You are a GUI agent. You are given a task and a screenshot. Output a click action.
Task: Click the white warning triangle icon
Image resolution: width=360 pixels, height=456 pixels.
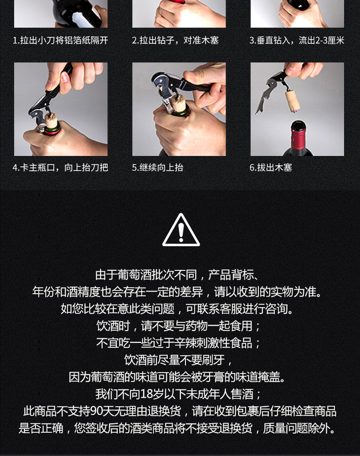tap(180, 230)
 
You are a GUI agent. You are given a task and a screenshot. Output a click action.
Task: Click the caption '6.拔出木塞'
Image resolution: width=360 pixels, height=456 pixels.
tap(271, 167)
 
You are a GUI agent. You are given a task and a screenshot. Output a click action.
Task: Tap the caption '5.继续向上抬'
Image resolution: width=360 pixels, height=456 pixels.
tap(157, 167)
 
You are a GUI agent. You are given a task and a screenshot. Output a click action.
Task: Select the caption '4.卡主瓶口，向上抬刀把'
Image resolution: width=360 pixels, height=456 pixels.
tap(61, 167)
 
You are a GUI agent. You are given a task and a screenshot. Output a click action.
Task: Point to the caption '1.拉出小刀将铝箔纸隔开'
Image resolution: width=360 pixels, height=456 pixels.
tap(61, 40)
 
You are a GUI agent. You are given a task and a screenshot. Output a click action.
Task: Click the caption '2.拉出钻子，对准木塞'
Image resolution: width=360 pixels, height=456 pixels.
tap(175, 40)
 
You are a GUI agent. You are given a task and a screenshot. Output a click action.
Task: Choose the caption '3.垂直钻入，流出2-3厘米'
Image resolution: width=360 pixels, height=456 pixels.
tap(297, 40)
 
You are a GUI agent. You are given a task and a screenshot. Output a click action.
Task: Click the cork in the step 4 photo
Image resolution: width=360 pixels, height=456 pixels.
tap(51, 120)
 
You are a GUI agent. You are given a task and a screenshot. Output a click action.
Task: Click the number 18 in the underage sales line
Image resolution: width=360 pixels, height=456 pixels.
tap(146, 394)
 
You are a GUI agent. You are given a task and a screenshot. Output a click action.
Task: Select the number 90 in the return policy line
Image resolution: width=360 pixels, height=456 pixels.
tap(96, 411)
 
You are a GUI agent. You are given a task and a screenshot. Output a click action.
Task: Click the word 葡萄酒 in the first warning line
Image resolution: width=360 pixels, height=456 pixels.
tap(135, 275)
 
